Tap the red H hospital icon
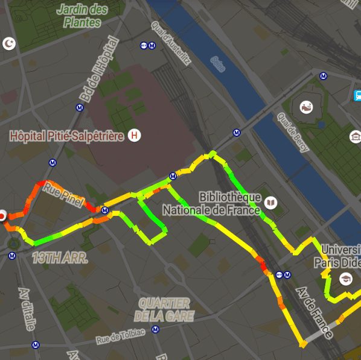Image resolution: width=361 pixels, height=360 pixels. coord(135,136)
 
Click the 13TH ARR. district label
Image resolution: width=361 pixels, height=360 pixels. coord(60,258)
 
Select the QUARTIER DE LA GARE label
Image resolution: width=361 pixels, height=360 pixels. coord(163,309)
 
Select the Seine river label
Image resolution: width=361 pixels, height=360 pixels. coord(217,63)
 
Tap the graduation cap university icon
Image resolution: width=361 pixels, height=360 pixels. coord(347,279)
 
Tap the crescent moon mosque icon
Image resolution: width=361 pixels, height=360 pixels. coord(8,43)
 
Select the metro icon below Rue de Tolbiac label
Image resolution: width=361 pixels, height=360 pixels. coord(156,330)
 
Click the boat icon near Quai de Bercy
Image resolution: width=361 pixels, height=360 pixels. coord(307,108)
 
